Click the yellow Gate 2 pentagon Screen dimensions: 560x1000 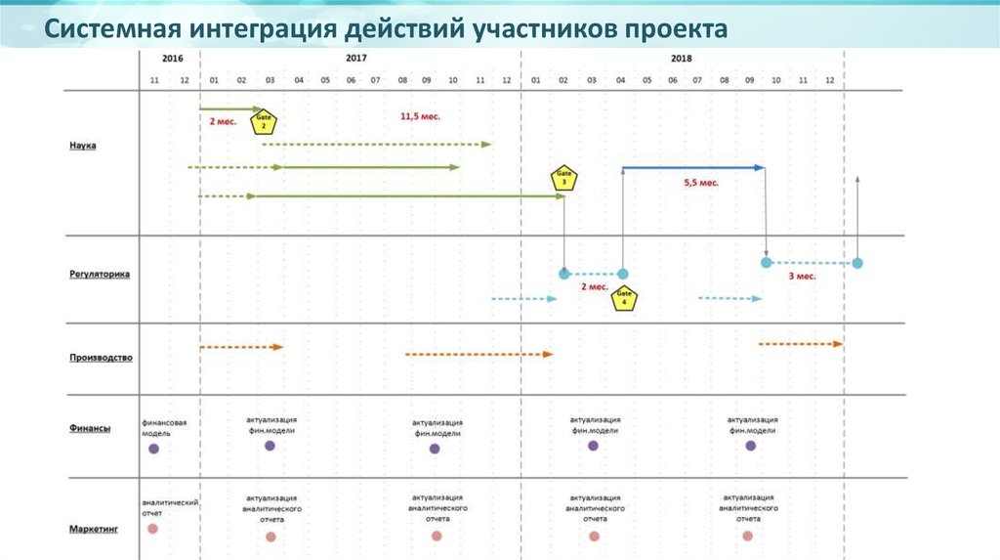pos(264,123)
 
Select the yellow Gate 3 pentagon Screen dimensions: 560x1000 pos(564,178)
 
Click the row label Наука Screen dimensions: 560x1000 pos(83,146)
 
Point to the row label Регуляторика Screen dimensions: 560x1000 pos(100,275)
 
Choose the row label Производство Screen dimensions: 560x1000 pos(101,358)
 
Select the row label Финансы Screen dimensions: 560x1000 pos(89,428)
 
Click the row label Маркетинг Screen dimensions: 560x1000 pos(94,529)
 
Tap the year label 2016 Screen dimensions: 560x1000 pos(172,59)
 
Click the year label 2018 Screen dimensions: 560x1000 pos(681,59)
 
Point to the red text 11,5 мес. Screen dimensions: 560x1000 pos(421,116)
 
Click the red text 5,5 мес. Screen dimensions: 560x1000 pos(700,183)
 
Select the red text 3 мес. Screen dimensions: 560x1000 pos(802,277)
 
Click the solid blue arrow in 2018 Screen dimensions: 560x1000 pos(693,168)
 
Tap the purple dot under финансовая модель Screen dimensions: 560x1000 pos(153,449)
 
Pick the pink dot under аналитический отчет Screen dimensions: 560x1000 pos(152,529)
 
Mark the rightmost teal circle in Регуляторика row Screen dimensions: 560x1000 pos(857,263)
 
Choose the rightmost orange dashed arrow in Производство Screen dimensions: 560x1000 pos(801,344)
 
